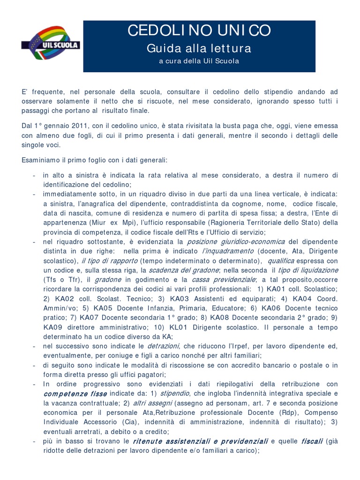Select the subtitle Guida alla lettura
pyautogui.click(x=199, y=48)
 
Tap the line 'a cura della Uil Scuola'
pyautogui.click(x=199, y=61)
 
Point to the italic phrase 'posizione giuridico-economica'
pyautogui.click(x=236, y=241)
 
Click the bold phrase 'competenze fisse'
pyautogui.click(x=75, y=394)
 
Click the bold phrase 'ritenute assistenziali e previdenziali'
pyautogui.click(x=201, y=441)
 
